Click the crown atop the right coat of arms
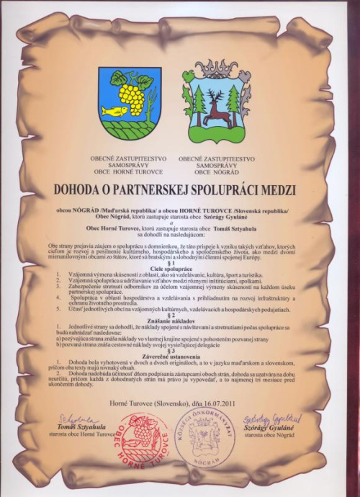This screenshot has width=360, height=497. pyautogui.click(x=215, y=69)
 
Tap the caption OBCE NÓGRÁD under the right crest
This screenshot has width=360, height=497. pyautogui.click(x=216, y=174)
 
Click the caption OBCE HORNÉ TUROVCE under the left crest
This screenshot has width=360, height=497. pyautogui.click(x=128, y=174)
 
